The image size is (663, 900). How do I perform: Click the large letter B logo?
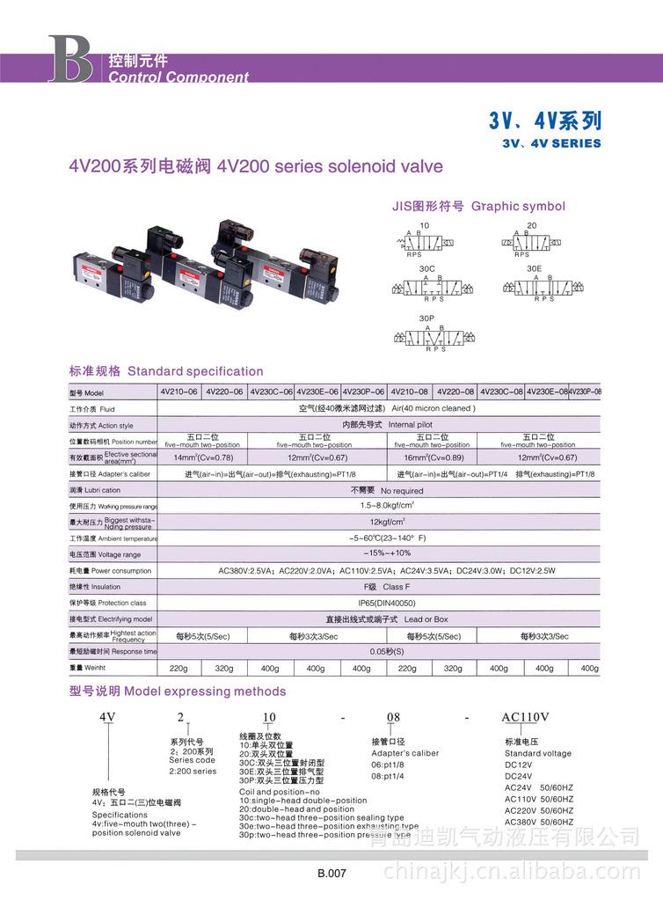tap(69, 60)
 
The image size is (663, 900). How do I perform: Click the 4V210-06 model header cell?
tap(178, 391)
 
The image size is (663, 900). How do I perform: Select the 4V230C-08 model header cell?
tap(501, 391)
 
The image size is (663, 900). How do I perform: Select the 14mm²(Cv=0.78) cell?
tap(203, 457)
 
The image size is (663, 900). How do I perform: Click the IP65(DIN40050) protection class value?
tap(387, 603)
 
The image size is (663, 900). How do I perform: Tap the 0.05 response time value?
tap(387, 652)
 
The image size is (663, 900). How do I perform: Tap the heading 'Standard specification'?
tap(195, 371)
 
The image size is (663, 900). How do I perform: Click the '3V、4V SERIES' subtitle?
tap(551, 143)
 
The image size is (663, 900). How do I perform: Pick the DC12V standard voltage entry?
tap(519, 765)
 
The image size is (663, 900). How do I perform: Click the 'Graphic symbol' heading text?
tap(518, 206)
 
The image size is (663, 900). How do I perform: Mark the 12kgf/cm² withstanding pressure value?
tap(387, 522)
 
